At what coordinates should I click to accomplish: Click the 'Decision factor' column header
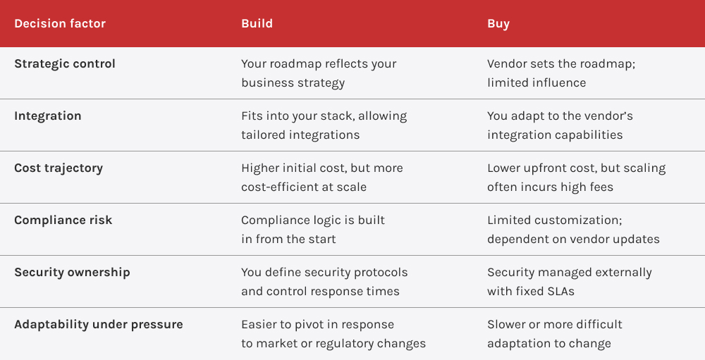click(60, 24)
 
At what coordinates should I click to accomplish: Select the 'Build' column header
click(257, 24)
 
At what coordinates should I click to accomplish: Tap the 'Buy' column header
click(498, 24)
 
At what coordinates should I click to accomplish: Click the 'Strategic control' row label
click(65, 63)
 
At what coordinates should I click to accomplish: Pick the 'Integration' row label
click(48, 116)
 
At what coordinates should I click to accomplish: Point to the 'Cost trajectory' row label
click(59, 168)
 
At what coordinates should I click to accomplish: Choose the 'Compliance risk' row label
click(63, 220)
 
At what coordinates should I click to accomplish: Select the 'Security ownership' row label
click(72, 272)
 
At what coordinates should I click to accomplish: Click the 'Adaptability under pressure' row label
click(99, 324)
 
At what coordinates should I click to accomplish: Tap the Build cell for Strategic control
click(319, 73)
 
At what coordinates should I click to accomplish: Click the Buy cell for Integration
click(560, 125)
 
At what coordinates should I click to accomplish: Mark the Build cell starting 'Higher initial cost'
click(321, 178)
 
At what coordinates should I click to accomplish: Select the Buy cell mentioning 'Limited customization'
click(573, 230)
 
